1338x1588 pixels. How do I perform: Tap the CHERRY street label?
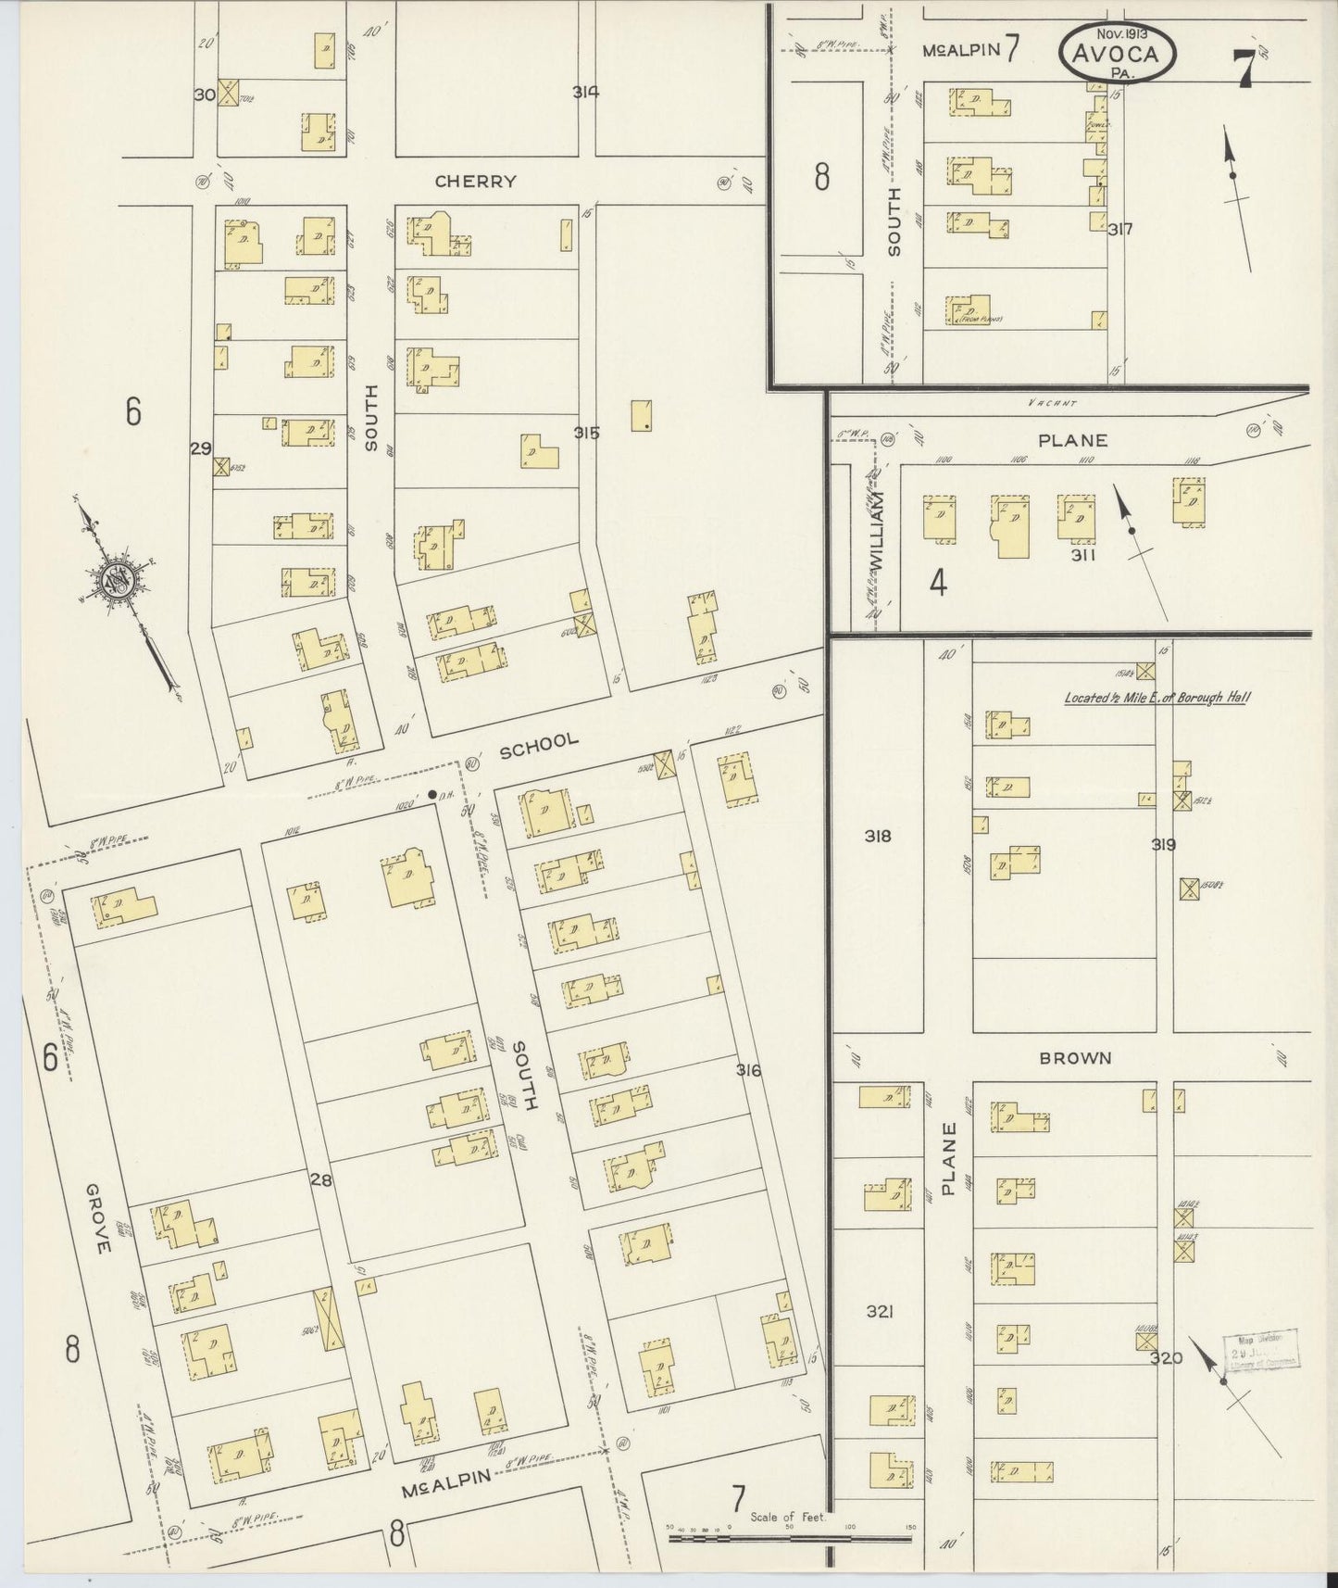[475, 182]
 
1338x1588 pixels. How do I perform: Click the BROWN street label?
[1075, 1057]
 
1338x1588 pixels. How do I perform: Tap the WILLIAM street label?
[877, 530]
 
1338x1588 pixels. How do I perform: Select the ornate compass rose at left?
[121, 582]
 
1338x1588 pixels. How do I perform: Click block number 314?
[585, 92]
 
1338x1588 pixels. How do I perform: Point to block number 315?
[587, 433]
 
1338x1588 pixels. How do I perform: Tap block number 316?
[748, 1070]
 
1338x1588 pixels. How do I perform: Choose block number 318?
[877, 836]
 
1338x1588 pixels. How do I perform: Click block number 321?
[879, 1312]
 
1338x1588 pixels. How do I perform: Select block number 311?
[1082, 556]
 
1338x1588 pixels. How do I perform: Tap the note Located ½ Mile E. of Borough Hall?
[1155, 697]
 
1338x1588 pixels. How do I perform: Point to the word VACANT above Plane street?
[1052, 403]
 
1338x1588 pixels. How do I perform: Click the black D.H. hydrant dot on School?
[432, 794]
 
